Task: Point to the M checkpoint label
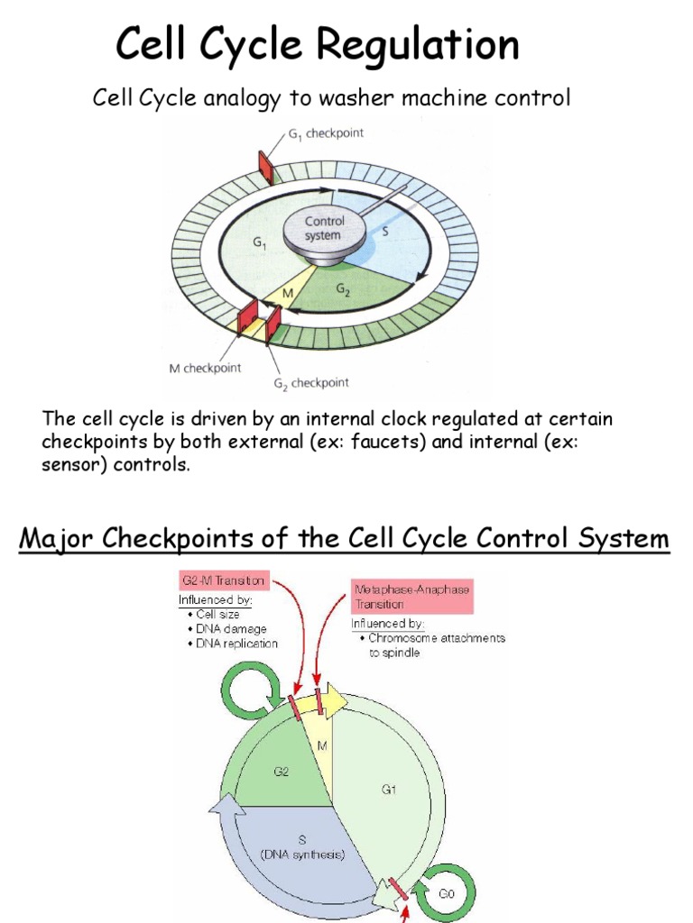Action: [206, 368]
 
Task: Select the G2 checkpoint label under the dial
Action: [312, 383]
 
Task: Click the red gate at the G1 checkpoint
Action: [265, 164]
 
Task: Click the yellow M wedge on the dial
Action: [289, 295]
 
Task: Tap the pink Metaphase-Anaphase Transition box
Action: [411, 596]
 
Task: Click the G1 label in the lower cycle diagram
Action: [390, 790]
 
